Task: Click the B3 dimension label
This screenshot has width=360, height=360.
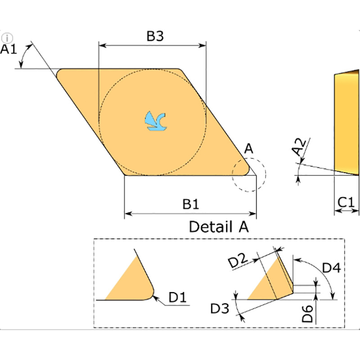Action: [155, 36]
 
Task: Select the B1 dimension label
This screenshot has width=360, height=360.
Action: [190, 204]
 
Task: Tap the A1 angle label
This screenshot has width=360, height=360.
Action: [9, 49]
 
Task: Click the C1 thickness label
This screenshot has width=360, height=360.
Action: [346, 202]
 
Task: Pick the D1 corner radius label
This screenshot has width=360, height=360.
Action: [177, 297]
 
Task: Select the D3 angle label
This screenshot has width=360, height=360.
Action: [220, 308]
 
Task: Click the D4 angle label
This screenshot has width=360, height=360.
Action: [331, 268]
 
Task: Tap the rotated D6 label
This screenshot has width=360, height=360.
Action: [307, 314]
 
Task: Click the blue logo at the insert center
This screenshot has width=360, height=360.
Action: [155, 121]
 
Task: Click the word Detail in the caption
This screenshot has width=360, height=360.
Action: [210, 227]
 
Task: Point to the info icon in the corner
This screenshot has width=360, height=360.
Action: [7, 38]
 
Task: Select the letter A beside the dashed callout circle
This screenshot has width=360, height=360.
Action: [249, 148]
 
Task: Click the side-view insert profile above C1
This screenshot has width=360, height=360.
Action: [346, 122]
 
